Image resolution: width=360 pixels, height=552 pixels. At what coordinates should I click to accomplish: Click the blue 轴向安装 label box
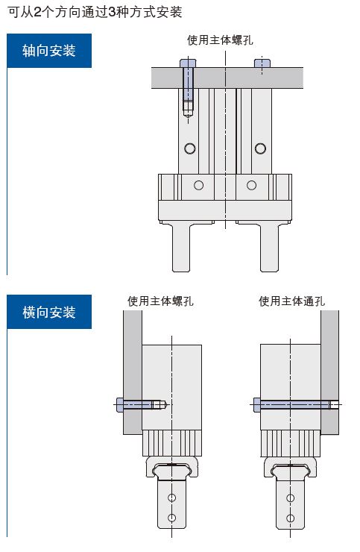click(49, 51)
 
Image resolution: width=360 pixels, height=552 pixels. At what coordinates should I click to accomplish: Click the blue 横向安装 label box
click(49, 312)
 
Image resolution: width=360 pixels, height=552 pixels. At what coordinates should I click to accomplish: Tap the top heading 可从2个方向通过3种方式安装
click(95, 13)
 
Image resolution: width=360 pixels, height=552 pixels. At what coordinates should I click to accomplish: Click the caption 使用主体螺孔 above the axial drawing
click(220, 40)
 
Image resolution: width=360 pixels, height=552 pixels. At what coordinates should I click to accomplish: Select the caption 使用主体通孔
click(291, 301)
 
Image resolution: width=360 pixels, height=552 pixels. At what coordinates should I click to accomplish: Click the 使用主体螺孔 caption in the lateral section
click(160, 301)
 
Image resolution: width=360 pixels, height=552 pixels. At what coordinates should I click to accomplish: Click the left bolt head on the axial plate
click(188, 63)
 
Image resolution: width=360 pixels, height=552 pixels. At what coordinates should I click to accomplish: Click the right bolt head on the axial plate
click(262, 63)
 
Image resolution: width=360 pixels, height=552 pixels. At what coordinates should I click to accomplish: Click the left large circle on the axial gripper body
click(190, 148)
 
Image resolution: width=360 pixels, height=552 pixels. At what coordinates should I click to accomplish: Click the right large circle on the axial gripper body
click(260, 148)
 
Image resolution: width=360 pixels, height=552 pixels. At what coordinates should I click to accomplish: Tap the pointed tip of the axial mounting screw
click(188, 116)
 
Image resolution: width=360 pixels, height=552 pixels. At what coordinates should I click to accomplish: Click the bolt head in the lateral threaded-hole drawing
click(120, 404)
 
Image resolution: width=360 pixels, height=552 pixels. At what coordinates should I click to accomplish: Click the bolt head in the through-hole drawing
click(257, 404)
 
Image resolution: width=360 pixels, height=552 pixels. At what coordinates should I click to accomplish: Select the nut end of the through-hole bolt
click(335, 404)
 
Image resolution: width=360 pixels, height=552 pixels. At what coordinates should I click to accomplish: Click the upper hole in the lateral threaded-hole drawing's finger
click(171, 498)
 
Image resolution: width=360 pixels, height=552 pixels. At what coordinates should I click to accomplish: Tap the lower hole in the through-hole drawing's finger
click(291, 518)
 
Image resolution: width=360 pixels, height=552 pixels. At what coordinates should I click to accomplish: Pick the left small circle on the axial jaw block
click(198, 185)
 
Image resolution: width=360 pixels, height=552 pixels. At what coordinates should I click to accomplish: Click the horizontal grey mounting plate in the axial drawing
click(227, 78)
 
